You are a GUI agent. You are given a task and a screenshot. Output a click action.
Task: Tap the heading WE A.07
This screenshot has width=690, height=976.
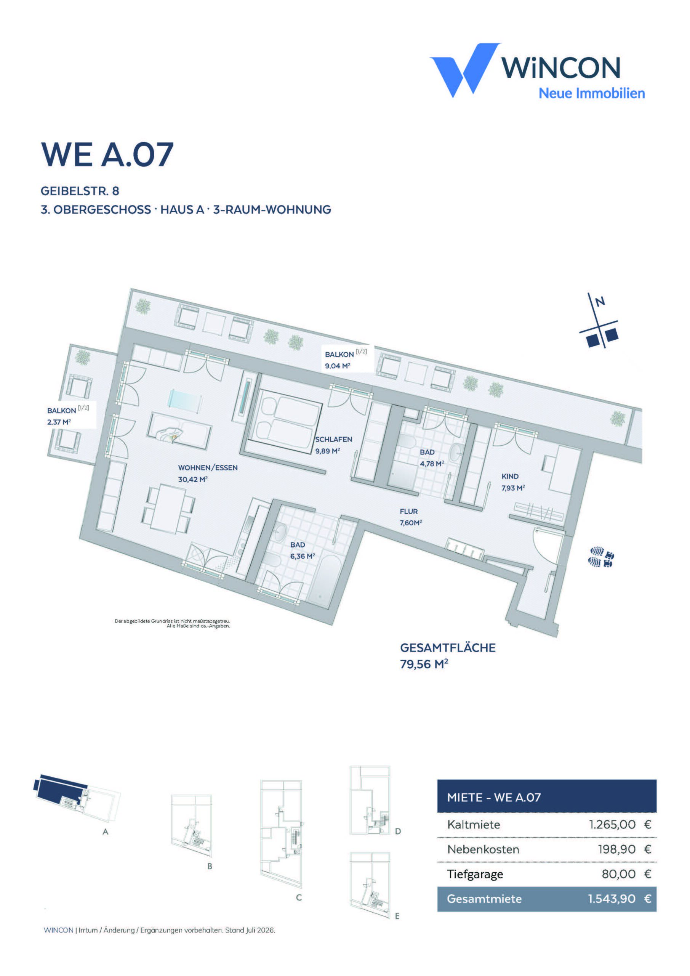(107, 154)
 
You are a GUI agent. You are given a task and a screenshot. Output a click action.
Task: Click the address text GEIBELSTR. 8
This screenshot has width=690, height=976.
(80, 191)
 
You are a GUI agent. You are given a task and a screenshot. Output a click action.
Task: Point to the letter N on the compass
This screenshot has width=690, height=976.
(600, 302)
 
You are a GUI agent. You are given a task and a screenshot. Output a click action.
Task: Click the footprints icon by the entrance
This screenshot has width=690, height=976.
(600, 557)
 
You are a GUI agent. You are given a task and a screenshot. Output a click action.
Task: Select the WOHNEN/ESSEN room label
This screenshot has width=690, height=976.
(208, 467)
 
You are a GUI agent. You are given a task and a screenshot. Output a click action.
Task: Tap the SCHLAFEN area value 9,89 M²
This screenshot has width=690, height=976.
(328, 451)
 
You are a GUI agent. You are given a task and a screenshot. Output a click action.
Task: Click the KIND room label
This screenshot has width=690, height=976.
(510, 477)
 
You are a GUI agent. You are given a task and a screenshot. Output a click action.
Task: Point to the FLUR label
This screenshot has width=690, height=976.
(409, 511)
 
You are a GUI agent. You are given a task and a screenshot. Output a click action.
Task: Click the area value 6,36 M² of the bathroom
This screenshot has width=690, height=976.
(303, 556)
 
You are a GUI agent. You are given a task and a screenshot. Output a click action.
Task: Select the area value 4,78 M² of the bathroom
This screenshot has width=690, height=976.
(432, 463)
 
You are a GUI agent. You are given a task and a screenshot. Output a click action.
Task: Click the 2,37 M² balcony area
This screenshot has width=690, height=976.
(59, 422)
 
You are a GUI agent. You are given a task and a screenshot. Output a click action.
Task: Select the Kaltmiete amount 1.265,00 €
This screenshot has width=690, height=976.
(620, 825)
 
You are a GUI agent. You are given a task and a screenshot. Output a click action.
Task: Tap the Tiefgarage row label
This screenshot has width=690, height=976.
(475, 874)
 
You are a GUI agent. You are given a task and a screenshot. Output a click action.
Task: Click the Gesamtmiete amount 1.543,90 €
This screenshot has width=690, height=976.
(620, 899)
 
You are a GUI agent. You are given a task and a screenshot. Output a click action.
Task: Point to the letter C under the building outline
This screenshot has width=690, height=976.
(299, 897)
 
